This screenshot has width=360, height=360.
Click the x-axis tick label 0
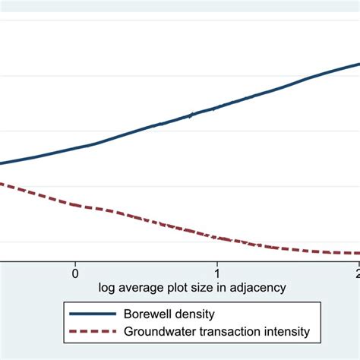tap(75, 272)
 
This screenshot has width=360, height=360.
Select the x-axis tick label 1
tap(217, 272)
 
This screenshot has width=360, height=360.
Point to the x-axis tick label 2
tap(357, 272)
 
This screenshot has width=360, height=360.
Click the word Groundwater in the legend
tap(160, 332)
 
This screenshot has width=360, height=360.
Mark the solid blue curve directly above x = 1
tap(217, 107)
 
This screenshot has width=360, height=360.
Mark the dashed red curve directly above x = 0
tap(75, 204)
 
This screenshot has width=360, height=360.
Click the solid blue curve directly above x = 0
tap(75, 148)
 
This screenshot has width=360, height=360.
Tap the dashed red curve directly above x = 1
tap(217, 238)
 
